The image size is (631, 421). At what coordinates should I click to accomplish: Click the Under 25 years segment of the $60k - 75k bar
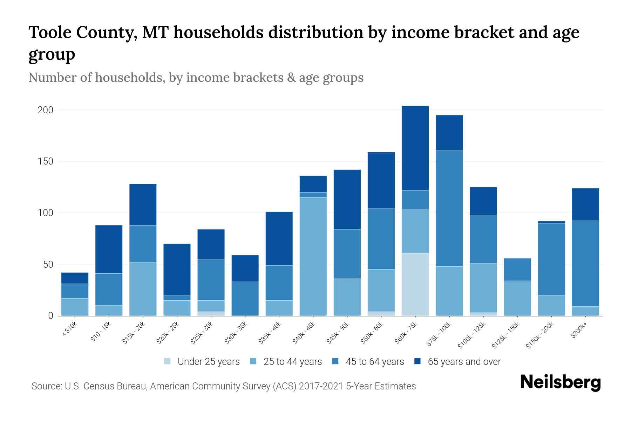(x=415, y=284)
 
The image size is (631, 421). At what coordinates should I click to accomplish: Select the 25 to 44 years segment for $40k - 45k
(x=313, y=256)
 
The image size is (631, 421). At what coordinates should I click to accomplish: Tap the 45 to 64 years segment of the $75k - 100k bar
(x=449, y=208)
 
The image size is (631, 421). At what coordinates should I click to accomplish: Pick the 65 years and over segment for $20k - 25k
(x=177, y=269)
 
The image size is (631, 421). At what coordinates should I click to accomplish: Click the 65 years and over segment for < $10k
(x=75, y=278)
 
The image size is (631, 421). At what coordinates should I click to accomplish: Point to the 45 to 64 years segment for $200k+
(x=585, y=263)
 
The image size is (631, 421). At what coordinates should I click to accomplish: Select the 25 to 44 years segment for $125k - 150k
(x=517, y=298)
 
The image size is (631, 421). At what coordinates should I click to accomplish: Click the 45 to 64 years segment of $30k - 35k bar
(x=245, y=299)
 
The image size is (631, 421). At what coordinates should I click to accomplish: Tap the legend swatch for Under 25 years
(x=168, y=361)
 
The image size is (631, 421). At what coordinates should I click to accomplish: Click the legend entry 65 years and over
(x=464, y=361)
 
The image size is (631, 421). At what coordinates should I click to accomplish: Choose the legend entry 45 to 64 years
(x=374, y=361)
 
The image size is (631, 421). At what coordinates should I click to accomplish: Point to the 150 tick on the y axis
(x=45, y=161)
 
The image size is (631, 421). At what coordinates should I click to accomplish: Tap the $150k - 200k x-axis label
(x=540, y=335)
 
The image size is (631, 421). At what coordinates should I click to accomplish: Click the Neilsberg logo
(x=560, y=382)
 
